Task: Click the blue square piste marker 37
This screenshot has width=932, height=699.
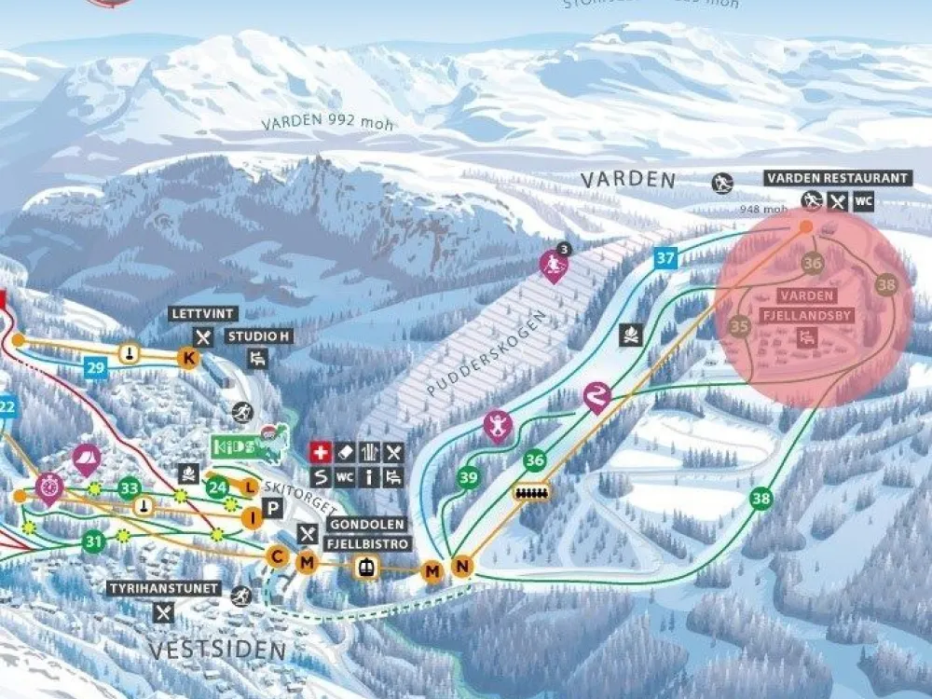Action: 665,258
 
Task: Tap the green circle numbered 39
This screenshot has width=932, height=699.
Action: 469,477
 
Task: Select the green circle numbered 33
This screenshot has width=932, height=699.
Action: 130,487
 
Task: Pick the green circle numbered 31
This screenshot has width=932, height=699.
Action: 93,540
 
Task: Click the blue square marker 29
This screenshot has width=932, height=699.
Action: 95,367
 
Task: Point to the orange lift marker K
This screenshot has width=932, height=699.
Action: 189,358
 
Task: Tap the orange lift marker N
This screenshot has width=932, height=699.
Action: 461,566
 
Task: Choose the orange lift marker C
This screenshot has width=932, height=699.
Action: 277,556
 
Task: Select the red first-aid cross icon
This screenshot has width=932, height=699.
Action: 321,452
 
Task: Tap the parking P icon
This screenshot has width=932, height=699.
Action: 273,508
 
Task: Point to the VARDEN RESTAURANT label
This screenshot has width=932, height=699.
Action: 836,178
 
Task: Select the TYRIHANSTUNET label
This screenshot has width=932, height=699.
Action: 164,589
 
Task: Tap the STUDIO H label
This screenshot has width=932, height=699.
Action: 257,336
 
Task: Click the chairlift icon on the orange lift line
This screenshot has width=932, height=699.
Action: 532,491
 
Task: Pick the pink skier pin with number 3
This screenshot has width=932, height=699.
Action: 555,267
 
